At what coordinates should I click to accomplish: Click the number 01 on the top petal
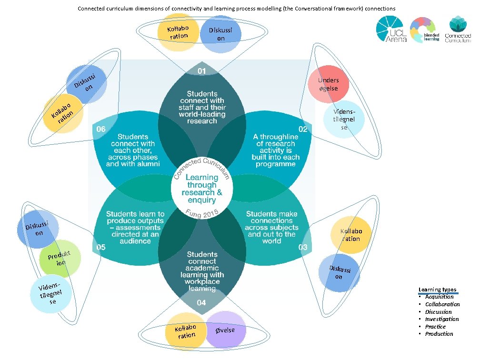[x=202, y=71]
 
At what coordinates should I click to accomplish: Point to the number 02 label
[x=303, y=129]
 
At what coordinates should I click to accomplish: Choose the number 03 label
[x=303, y=247]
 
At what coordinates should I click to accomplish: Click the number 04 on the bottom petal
[x=201, y=302]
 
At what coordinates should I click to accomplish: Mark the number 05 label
[x=101, y=247]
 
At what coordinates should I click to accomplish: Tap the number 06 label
[x=101, y=129]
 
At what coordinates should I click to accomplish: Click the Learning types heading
[x=437, y=290]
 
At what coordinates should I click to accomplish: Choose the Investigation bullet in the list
[x=441, y=319]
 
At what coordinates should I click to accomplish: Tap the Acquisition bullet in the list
[x=439, y=297]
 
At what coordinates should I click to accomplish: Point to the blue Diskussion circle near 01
[x=221, y=34]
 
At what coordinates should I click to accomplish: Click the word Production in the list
[x=439, y=334]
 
